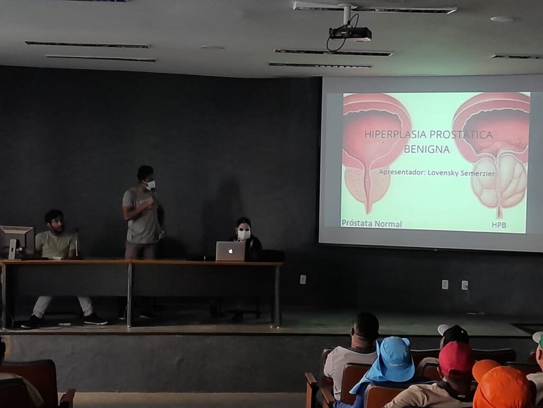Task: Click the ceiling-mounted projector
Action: (350, 33)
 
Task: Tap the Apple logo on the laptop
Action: (230, 251)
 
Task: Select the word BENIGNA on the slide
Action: (427, 149)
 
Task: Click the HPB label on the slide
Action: (498, 225)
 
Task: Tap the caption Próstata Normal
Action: (372, 224)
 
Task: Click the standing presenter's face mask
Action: (150, 185)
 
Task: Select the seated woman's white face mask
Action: (244, 235)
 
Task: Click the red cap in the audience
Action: (457, 358)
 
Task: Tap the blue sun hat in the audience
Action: (388, 362)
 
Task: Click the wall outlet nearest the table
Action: (303, 279)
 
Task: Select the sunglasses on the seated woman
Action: (243, 229)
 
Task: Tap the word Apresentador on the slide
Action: (401, 172)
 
